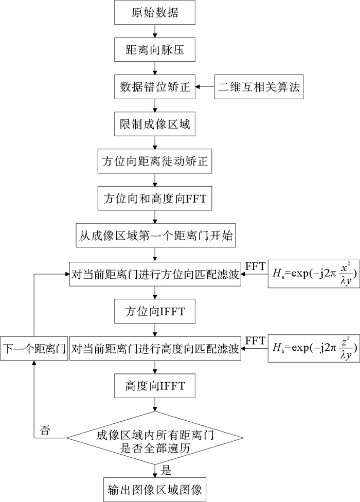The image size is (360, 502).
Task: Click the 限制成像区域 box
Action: point(155,126)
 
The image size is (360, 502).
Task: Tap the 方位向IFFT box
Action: point(155,312)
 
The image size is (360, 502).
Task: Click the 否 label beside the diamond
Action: point(45,429)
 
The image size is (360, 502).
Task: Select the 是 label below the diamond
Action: point(166,469)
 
